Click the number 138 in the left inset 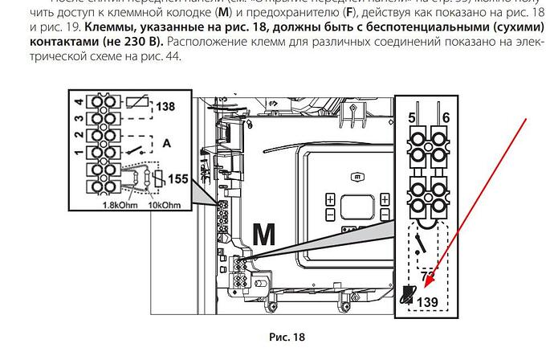pyautogui.click(x=165, y=105)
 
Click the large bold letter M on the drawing pyautogui.click(x=265, y=234)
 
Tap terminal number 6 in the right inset pyautogui.click(x=446, y=118)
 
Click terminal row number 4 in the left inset pyautogui.click(x=79, y=102)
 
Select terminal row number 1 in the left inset pyautogui.click(x=79, y=151)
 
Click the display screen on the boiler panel pyautogui.click(x=357, y=206)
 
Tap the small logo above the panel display pyautogui.click(x=356, y=176)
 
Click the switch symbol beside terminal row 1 pyautogui.click(x=139, y=149)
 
